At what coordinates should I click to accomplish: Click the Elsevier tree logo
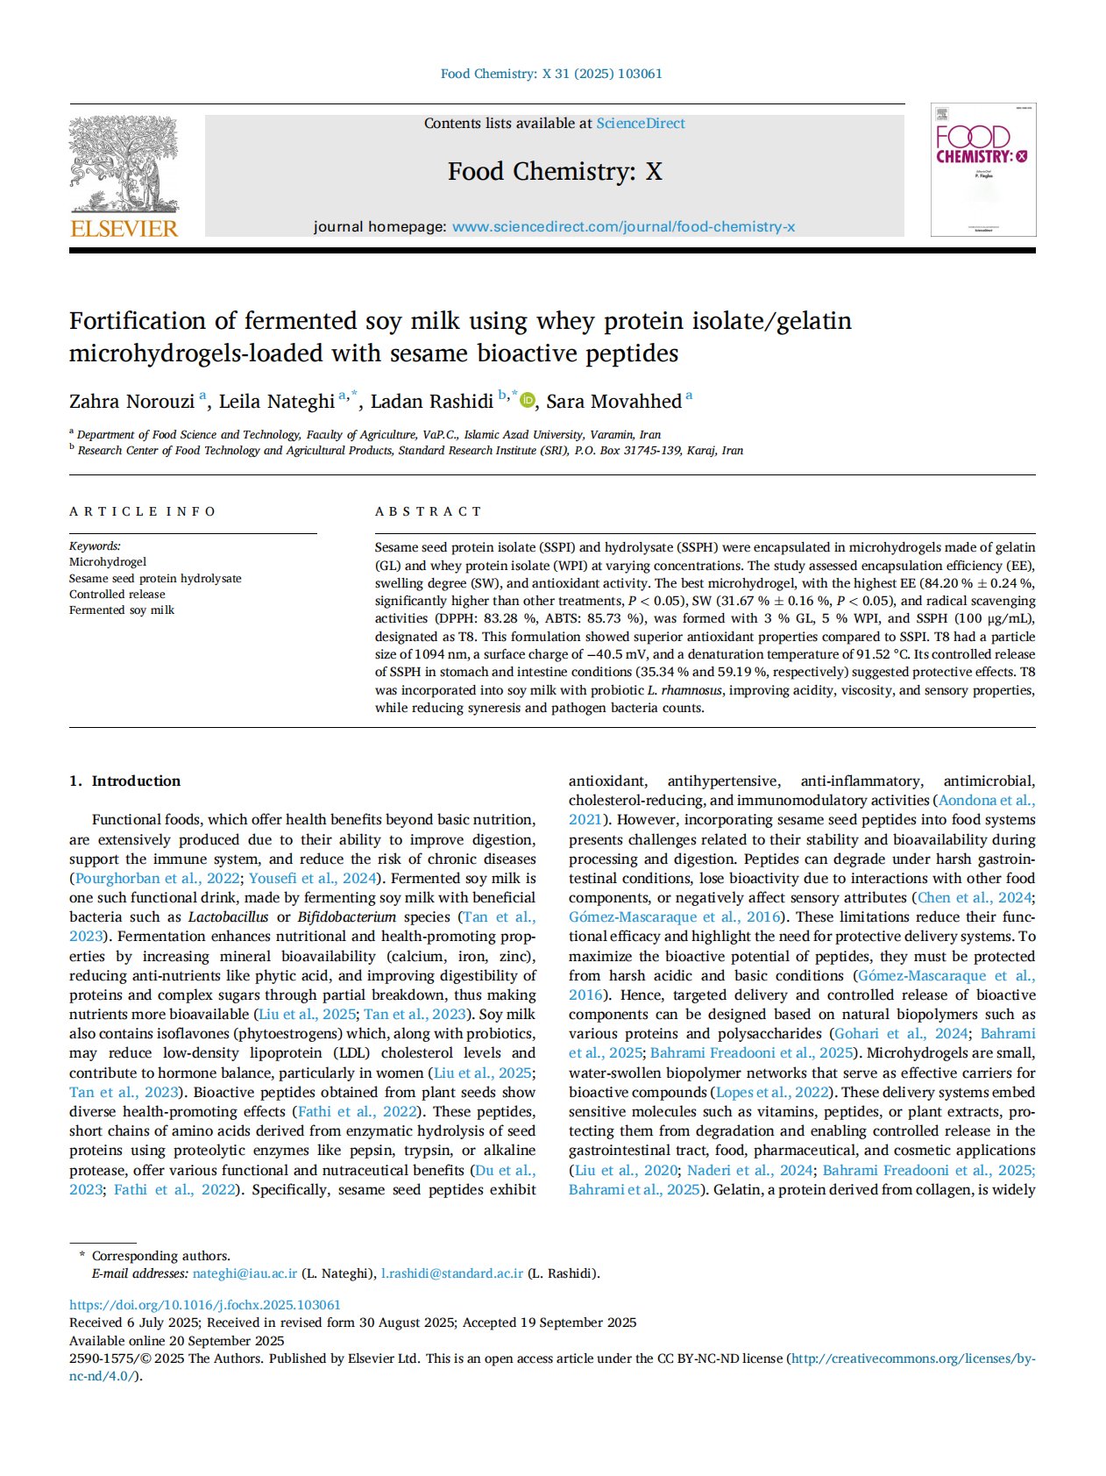coord(124,167)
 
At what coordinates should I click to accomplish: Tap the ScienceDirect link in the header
coord(641,124)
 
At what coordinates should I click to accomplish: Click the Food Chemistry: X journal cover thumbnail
coord(982,170)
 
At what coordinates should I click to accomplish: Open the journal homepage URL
coord(623,227)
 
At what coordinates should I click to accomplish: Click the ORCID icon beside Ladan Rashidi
coord(528,401)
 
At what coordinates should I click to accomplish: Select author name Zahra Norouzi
coord(131,402)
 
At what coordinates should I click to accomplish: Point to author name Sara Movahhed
coord(613,402)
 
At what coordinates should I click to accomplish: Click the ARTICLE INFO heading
coord(142,511)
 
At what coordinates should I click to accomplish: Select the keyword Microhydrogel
coord(108,562)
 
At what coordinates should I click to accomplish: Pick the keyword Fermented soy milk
coord(122,610)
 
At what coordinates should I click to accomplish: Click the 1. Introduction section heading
coord(124,781)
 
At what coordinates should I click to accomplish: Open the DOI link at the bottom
coord(205,1305)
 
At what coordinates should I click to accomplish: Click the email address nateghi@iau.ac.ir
coord(245,1273)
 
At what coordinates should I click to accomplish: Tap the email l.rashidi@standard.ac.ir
coord(451,1273)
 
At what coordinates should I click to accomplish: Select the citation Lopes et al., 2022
coord(772,1093)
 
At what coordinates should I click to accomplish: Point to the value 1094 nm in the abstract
coord(425,655)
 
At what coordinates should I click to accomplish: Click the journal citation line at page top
coord(551,74)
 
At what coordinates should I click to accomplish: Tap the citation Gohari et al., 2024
coord(901,1034)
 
